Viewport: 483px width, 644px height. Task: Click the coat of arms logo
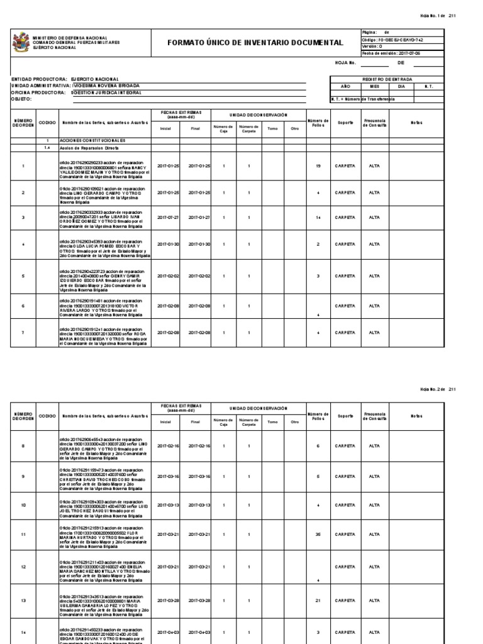click(21, 42)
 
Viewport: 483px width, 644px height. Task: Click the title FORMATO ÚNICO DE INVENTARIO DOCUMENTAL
click(255, 43)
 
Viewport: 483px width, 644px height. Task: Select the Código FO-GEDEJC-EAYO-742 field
click(392, 39)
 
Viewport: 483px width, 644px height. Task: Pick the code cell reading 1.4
click(47, 148)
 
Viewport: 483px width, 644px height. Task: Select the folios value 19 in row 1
click(318, 165)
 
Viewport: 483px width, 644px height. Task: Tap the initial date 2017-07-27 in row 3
click(168, 217)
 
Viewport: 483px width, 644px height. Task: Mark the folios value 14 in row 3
click(318, 217)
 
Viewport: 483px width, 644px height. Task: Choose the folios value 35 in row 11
click(318, 534)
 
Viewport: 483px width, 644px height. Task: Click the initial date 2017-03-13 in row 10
click(168, 504)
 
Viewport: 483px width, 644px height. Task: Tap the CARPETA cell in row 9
click(345, 476)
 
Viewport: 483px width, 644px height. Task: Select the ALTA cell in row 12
click(374, 567)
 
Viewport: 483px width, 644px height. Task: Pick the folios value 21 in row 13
click(318, 600)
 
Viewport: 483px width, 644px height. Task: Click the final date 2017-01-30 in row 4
click(199, 244)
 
